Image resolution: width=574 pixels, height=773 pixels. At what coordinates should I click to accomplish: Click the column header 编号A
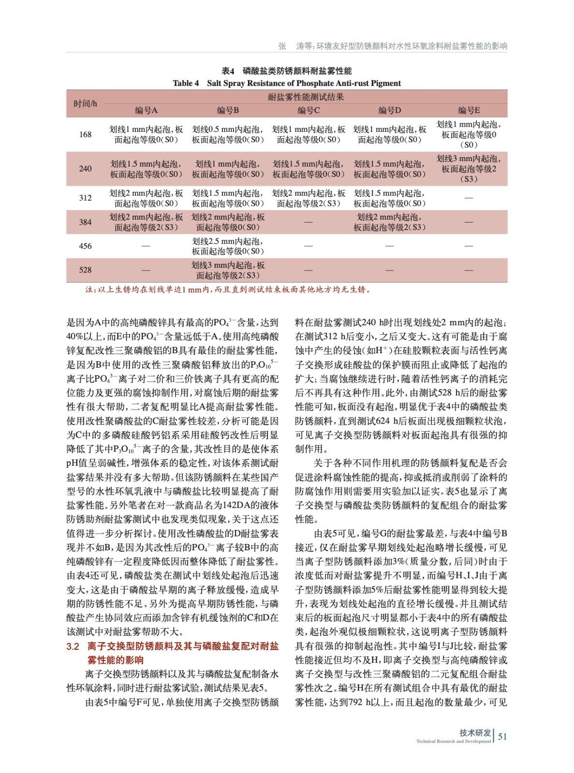[146, 110]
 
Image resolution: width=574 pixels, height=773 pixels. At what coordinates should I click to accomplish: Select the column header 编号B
[228, 110]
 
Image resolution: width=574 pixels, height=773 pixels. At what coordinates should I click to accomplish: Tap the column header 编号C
[309, 110]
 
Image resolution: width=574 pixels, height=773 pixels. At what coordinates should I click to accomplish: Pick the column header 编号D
[389, 110]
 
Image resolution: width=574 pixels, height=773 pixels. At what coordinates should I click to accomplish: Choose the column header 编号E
[469, 110]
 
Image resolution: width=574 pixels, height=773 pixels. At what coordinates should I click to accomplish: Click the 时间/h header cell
[85, 103]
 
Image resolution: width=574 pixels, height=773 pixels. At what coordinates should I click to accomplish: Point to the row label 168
[85, 134]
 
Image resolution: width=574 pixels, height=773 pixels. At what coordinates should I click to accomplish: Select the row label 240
[85, 169]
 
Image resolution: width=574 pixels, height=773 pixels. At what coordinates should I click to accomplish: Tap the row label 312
[85, 198]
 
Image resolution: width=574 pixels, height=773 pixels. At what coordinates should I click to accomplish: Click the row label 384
[85, 222]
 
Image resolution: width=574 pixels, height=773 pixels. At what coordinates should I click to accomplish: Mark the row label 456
[85, 246]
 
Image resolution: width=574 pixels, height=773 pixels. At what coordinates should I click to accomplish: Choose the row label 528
[85, 270]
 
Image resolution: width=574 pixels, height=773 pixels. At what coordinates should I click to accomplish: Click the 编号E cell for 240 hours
[469, 169]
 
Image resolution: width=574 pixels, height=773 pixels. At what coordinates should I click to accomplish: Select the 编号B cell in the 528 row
[228, 270]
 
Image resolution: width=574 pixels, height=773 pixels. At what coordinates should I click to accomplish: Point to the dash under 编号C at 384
[309, 222]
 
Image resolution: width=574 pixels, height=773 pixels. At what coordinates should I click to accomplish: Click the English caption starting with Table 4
[287, 83]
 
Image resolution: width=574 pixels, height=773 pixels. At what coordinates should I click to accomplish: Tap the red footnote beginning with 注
[228, 290]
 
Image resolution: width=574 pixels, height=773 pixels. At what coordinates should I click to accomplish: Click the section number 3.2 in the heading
[73, 646]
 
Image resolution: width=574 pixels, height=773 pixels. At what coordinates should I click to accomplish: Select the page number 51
[502, 736]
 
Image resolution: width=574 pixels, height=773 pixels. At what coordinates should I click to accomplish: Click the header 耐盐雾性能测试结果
[306, 97]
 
